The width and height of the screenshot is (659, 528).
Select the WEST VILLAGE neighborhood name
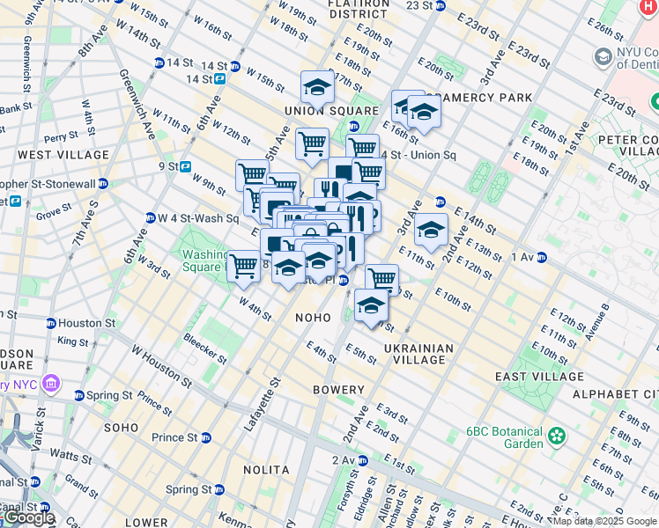tap(63, 155)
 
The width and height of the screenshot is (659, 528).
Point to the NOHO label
tap(313, 318)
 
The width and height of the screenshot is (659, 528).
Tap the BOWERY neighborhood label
tap(338, 390)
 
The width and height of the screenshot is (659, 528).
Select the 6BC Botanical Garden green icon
tap(556, 436)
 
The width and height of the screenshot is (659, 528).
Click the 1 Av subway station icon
tap(542, 257)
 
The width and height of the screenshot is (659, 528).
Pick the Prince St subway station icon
tap(205, 437)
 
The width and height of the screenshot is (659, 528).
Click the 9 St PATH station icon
tap(186, 165)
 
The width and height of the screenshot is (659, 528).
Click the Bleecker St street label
tap(204, 349)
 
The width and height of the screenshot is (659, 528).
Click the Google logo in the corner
tap(28, 517)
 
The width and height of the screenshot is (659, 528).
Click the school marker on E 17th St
tap(317, 88)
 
